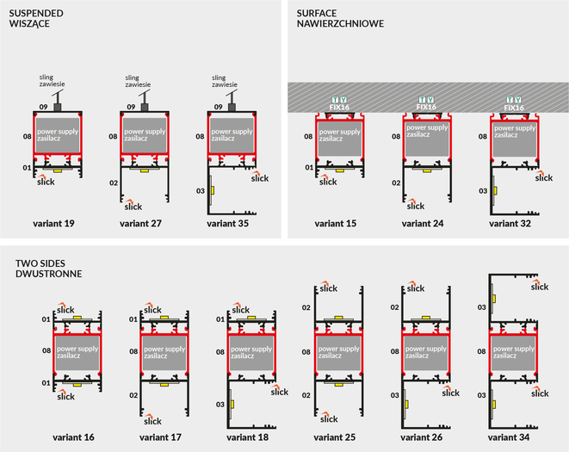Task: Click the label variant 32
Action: (511, 224)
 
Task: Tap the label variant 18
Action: (248, 437)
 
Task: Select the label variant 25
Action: (337, 437)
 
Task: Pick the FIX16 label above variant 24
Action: (425, 108)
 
